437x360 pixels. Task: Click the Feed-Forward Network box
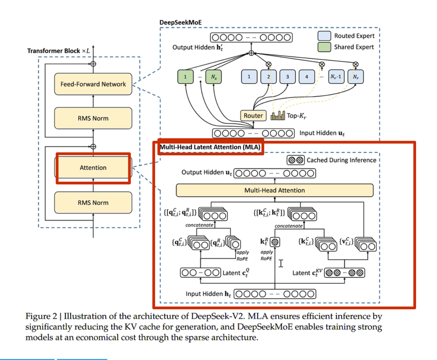coord(93,84)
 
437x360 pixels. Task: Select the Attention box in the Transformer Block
coord(93,168)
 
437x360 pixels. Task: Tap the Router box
coord(253,116)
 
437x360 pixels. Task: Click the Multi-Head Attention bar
coord(274,190)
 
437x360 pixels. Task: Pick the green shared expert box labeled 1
coord(185,77)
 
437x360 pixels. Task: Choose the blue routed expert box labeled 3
coord(287,77)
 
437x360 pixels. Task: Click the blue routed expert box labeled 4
coord(306,77)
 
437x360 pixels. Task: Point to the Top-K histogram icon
coord(277,116)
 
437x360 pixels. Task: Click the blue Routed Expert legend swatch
coord(324,36)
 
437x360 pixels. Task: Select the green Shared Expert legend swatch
coord(324,47)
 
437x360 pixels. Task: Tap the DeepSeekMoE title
coord(180,22)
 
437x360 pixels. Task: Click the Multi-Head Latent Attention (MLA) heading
coord(210,147)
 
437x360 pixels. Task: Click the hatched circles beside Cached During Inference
coord(296,160)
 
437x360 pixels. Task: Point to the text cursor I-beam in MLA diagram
coord(281,263)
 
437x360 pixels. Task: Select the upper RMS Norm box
coord(93,118)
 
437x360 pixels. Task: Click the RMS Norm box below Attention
coord(93,203)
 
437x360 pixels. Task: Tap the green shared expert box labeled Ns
coord(213,77)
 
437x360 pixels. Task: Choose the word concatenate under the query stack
coord(199,225)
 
